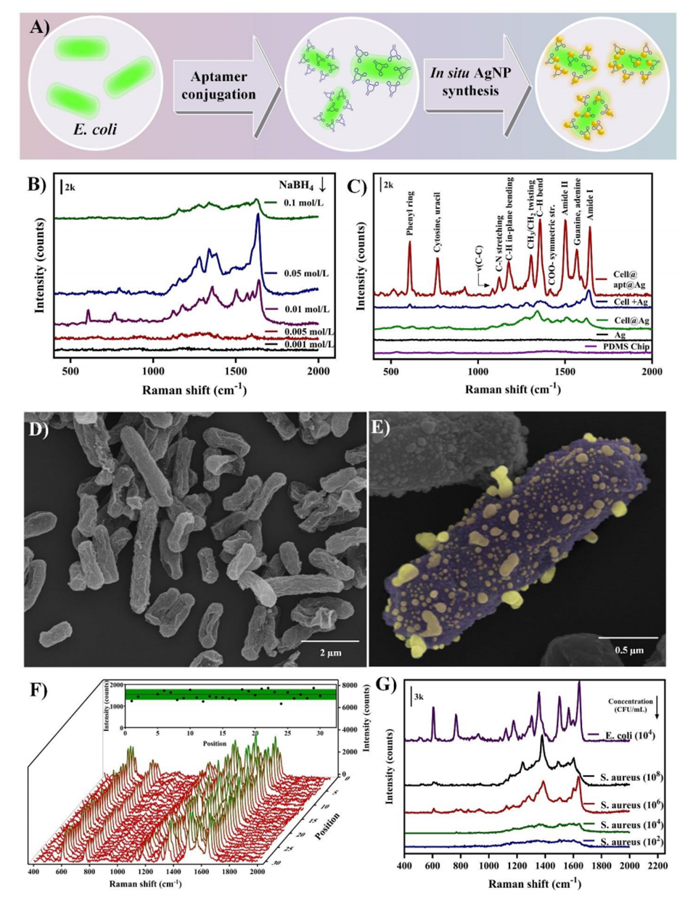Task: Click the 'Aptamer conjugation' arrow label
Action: point(218,86)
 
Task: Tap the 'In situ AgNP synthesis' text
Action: point(469,82)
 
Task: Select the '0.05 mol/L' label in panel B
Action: point(305,274)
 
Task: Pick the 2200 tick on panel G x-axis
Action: point(657,865)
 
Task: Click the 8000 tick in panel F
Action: point(350,684)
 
